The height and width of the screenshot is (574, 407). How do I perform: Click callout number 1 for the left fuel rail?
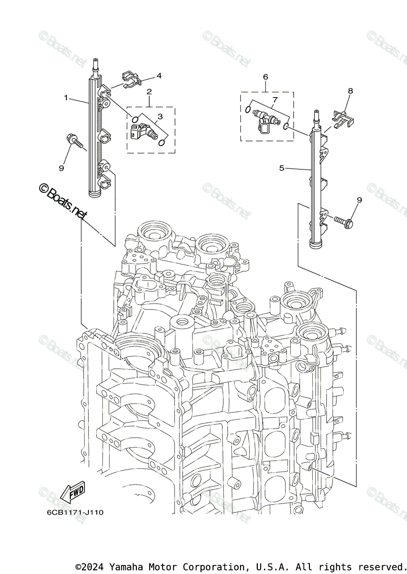click(66, 98)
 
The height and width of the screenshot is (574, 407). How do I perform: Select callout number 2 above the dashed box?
click(149, 91)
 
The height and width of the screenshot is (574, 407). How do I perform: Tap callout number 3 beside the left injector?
click(160, 116)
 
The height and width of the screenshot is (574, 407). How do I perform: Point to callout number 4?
click(159, 76)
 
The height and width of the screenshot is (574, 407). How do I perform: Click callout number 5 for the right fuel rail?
click(282, 168)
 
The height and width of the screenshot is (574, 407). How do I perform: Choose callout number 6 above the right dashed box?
click(265, 77)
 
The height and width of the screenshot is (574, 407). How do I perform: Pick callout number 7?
click(275, 99)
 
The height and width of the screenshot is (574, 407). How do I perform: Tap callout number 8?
click(350, 90)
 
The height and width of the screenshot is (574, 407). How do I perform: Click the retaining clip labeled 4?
click(130, 79)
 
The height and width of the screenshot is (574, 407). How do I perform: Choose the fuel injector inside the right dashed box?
click(264, 118)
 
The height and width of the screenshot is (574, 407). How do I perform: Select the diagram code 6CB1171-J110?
click(75, 512)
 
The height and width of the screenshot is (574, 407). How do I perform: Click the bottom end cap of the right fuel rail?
click(317, 244)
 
